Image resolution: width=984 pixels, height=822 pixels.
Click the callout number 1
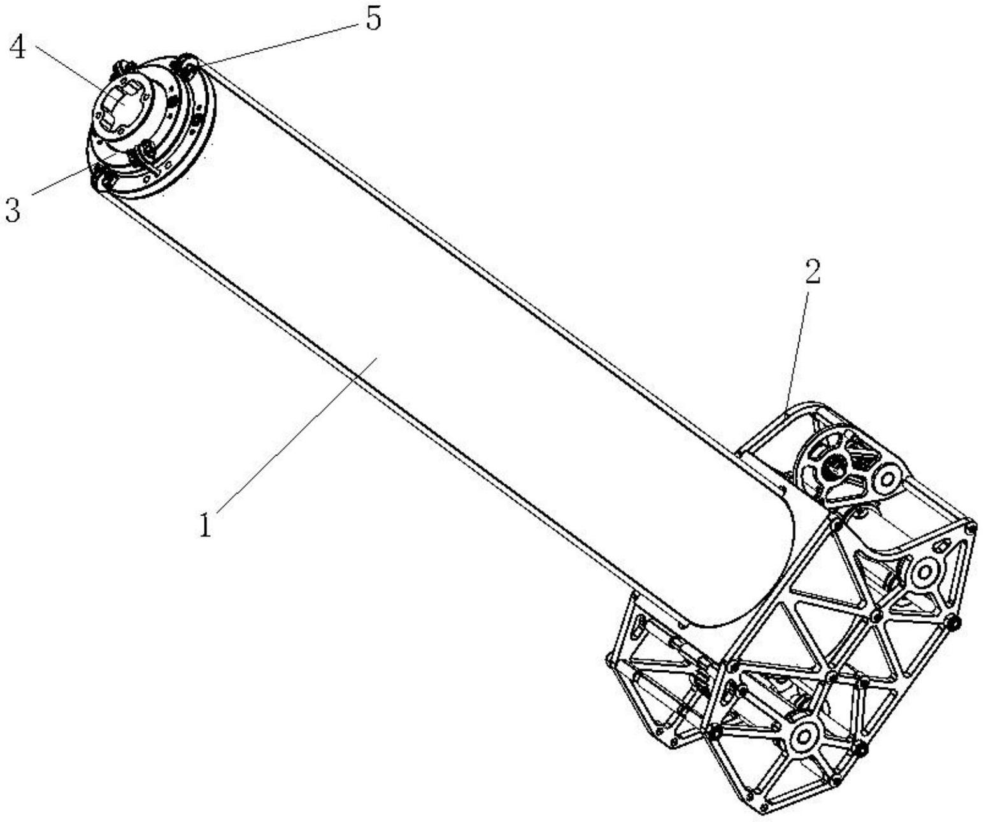[206, 525]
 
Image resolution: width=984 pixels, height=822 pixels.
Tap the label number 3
[13, 210]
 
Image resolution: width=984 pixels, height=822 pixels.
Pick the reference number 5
[373, 20]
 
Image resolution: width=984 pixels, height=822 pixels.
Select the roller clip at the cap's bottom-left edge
[101, 178]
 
